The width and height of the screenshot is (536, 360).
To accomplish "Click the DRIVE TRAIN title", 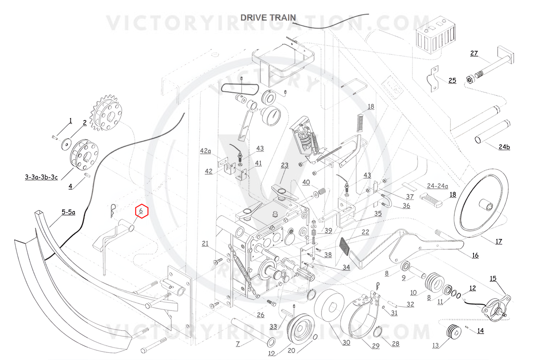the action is click(x=268, y=17).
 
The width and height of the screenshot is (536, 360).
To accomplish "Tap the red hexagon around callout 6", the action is click(x=142, y=211).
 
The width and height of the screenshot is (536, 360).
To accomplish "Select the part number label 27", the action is click(x=474, y=53).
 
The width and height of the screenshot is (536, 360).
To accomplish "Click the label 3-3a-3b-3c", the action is click(x=41, y=177).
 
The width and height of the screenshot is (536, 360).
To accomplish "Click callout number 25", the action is click(x=452, y=80).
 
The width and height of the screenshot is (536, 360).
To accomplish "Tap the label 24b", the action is click(x=504, y=147).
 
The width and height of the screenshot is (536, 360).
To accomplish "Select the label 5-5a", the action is click(x=68, y=212).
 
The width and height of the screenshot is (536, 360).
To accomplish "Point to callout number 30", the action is click(x=346, y=343).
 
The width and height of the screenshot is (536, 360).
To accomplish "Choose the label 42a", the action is click(x=205, y=151).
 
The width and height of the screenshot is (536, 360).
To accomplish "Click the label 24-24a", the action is click(x=437, y=186).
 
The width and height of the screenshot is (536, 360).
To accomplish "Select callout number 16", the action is click(x=475, y=255).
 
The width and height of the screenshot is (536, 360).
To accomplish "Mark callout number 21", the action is click(x=205, y=243).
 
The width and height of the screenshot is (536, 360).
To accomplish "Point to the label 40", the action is click(x=306, y=182).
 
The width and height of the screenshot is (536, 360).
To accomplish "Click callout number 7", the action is click(x=238, y=344).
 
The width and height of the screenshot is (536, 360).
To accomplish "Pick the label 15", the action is click(x=493, y=278).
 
